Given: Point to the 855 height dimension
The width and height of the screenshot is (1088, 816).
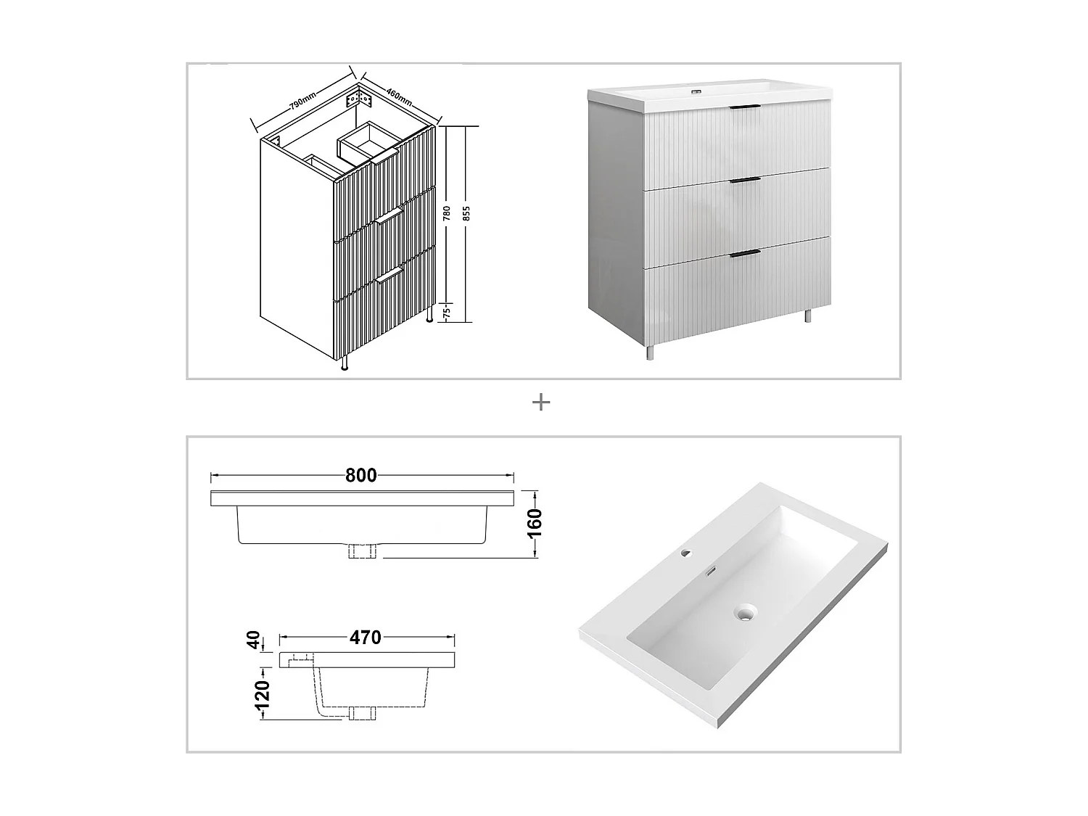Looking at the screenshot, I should (466, 213).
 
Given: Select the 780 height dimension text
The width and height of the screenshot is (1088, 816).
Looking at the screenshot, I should (448, 213).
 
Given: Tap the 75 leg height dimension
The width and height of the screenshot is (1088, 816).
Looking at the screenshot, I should (447, 313).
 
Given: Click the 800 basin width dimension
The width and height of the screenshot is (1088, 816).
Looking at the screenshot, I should (360, 476).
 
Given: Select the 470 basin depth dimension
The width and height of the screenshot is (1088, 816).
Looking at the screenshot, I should (365, 638).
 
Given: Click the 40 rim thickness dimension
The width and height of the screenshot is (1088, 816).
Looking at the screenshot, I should (254, 640).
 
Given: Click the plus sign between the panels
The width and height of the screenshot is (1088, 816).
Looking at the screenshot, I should (540, 402).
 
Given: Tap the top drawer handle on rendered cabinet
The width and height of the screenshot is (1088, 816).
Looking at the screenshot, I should (743, 108).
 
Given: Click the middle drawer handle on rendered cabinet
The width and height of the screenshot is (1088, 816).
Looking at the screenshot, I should (744, 180).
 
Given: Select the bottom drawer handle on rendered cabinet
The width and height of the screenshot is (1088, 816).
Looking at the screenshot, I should (744, 253).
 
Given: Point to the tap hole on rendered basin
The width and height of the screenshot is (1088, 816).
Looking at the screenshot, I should (685, 555).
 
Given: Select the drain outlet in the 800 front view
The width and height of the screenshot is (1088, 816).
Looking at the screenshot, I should (362, 551).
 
